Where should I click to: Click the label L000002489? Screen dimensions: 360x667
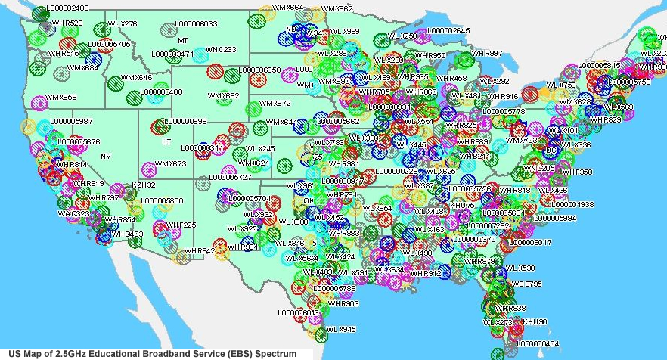(67, 8)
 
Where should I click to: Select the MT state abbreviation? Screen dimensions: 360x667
(182, 39)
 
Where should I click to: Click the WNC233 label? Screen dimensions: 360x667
(221, 50)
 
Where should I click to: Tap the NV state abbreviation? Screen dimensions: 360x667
(106, 156)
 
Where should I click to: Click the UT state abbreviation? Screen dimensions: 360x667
(166, 141)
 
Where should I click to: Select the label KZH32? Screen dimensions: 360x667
(144, 185)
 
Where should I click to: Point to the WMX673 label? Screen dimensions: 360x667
(170, 164)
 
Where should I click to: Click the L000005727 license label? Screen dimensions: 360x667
(230, 177)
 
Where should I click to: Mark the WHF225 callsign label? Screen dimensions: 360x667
(181, 225)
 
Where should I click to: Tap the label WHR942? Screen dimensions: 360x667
(199, 250)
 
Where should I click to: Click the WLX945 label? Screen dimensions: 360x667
(341, 330)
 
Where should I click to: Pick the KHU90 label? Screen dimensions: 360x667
(535, 321)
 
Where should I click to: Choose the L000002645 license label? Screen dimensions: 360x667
(448, 31)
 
